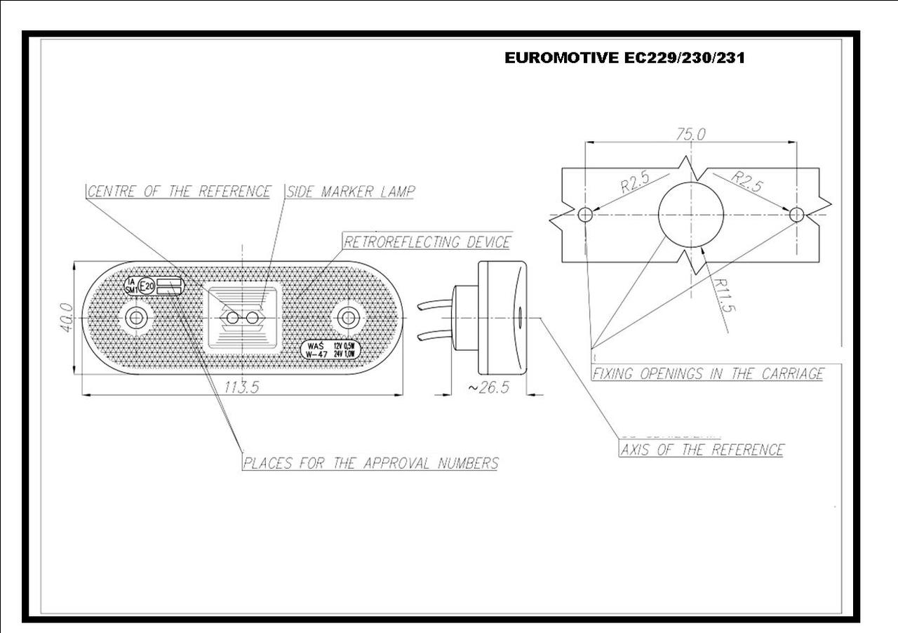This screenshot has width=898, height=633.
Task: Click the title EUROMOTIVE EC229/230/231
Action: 624,58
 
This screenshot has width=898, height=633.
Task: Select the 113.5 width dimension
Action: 241,387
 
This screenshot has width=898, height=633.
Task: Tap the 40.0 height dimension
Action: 66,317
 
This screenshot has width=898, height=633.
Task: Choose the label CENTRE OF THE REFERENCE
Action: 179,192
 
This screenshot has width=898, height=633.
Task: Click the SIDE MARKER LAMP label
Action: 350,192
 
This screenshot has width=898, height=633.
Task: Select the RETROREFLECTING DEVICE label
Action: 427,242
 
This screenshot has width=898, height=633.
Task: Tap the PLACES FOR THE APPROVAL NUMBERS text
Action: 370,463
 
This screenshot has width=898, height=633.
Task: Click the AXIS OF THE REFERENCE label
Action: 702,450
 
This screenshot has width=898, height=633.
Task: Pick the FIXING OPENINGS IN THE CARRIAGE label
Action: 708,374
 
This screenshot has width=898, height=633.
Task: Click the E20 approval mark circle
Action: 147,286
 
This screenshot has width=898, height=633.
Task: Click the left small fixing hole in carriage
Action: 585,215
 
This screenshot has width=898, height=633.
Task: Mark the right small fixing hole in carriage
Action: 796,215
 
